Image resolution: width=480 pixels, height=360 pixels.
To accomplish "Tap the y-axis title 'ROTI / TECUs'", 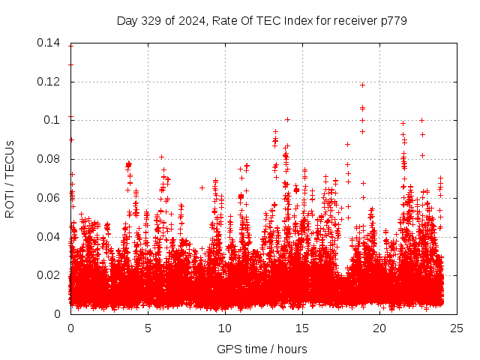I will click(10, 178).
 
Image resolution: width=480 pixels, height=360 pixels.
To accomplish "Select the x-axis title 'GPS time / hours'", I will click(262, 349).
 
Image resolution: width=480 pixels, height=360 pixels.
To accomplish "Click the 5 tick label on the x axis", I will click(148, 328).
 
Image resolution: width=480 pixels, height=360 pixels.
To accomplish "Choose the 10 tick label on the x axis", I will click(225, 328).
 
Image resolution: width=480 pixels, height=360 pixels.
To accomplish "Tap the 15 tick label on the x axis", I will click(302, 328).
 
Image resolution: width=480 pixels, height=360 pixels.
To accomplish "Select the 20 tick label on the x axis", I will click(379, 328).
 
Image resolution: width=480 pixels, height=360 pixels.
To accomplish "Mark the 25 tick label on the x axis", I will click(457, 328).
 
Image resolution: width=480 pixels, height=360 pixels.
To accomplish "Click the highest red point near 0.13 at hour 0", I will click(70, 64).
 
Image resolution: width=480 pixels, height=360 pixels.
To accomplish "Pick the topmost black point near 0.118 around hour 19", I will click(362, 85).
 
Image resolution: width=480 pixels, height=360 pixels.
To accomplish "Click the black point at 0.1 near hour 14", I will click(287, 119).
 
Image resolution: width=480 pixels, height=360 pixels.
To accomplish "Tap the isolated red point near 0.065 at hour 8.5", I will click(202, 187).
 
